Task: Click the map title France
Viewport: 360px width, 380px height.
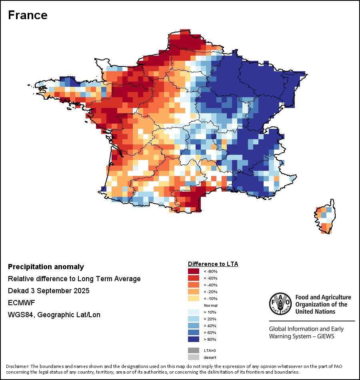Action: [x=28, y=15]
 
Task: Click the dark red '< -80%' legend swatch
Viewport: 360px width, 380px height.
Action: [x=194, y=271]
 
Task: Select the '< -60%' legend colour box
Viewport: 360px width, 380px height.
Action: [x=194, y=278]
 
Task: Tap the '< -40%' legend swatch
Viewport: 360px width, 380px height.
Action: [x=194, y=285]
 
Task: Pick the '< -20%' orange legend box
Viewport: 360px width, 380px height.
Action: [x=194, y=292]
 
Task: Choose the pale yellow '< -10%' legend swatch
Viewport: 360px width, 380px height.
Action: [x=194, y=298]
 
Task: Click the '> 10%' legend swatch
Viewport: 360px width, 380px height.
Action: [x=194, y=312]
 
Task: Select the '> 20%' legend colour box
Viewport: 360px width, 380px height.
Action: [x=194, y=319]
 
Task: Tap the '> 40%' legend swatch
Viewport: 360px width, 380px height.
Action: [x=194, y=326]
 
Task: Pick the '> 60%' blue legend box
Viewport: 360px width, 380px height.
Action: [x=194, y=332]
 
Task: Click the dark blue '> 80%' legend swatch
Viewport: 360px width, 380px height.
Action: [x=194, y=339]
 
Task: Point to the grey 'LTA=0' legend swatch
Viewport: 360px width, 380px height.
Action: [x=194, y=350]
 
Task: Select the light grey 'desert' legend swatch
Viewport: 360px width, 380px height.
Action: [x=194, y=357]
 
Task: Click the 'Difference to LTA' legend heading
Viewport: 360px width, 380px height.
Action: [x=213, y=264]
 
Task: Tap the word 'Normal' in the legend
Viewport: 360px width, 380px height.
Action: [x=211, y=305]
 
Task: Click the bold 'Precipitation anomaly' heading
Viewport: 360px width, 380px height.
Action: [x=46, y=267]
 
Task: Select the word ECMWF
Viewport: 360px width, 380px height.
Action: [x=21, y=303]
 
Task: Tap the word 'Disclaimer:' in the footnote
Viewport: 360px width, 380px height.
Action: [x=18, y=366]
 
